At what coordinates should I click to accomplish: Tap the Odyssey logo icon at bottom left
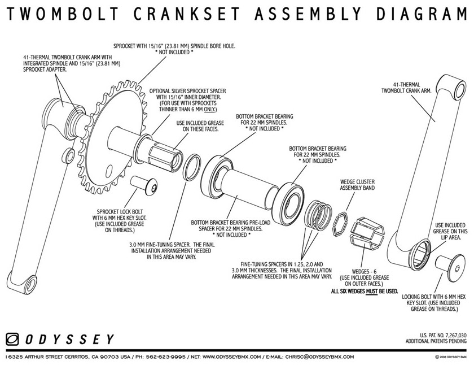click(12, 339)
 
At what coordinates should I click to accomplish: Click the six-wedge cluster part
click(366, 234)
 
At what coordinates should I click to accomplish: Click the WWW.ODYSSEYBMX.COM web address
click(231, 357)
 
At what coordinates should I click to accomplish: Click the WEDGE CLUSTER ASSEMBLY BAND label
click(357, 186)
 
